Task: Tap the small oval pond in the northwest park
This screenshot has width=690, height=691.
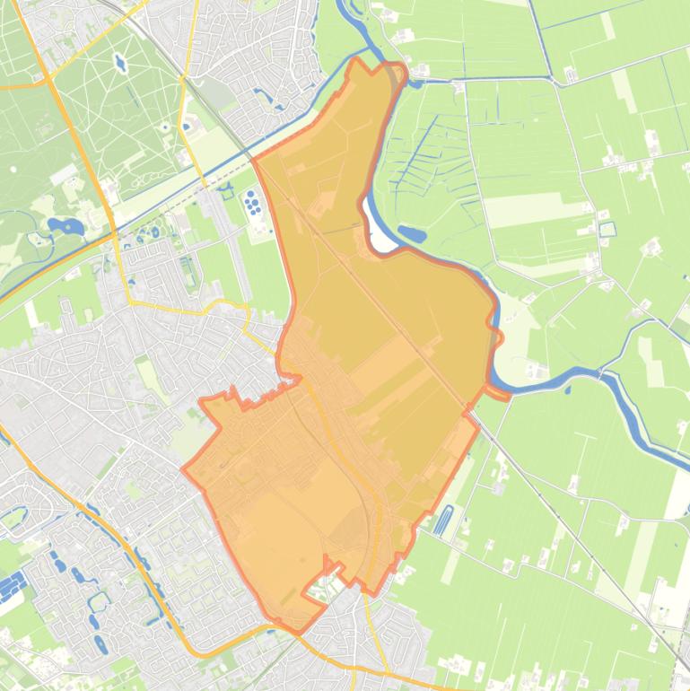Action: point(119,64)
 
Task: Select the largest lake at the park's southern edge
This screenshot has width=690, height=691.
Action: point(66,226)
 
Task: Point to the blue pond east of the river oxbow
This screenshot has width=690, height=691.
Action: point(411,235)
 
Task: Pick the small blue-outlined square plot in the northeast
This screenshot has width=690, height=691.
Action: point(607,229)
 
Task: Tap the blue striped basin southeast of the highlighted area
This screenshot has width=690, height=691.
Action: point(444,520)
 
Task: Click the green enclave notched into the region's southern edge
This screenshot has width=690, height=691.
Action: point(319,587)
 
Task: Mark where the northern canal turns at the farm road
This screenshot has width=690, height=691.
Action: point(555,80)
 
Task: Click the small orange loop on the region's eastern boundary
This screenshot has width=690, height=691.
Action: point(495,337)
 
